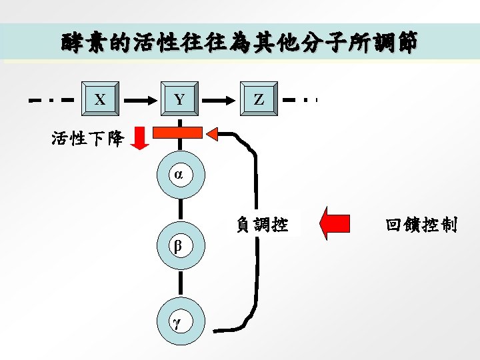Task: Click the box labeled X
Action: (x=100, y=99)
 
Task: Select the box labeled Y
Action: (x=179, y=99)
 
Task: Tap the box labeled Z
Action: (x=259, y=99)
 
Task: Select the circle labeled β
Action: (x=179, y=245)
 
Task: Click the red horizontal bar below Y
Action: (x=178, y=132)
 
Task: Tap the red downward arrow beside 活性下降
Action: (x=139, y=137)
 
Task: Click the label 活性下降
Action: (x=87, y=139)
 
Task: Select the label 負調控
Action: (x=263, y=225)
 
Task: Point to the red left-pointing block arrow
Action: (x=335, y=223)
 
